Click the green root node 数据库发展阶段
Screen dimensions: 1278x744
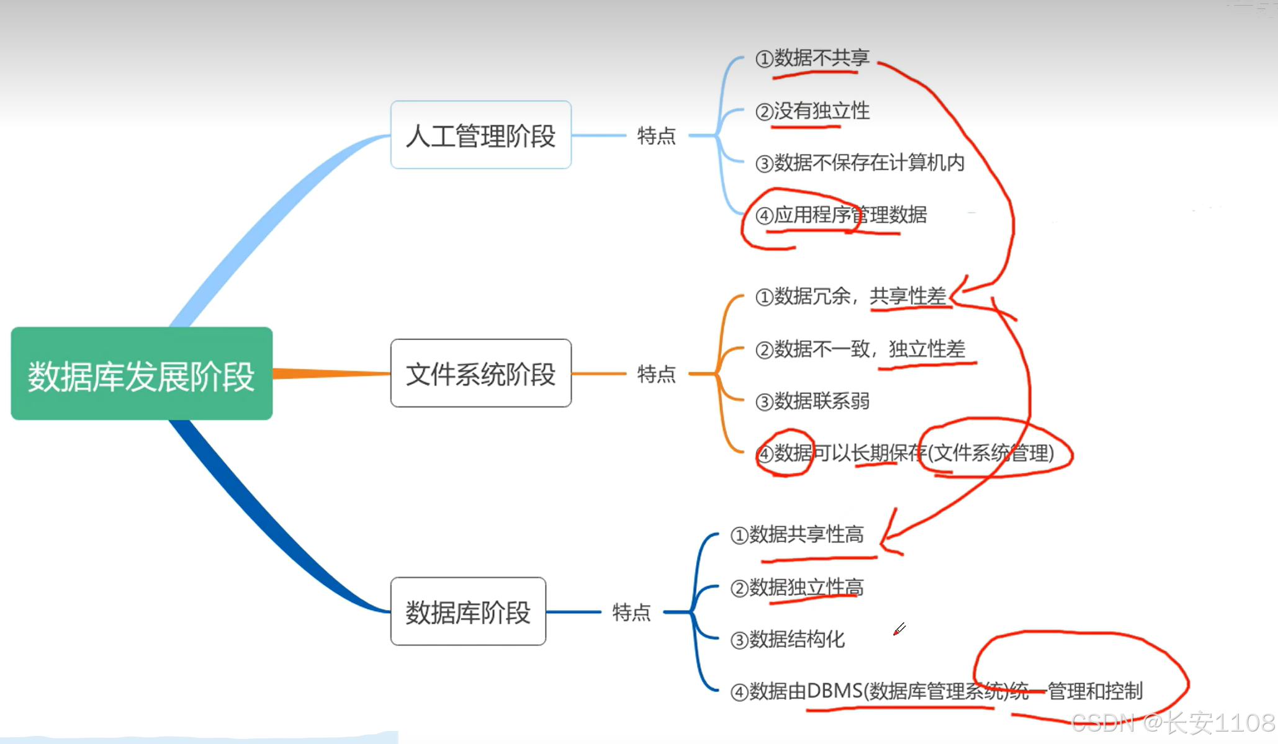142,374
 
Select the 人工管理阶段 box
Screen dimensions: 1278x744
480,135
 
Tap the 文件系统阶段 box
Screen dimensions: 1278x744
480,374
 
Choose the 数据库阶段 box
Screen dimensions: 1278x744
468,612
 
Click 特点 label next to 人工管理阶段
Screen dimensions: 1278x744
656,135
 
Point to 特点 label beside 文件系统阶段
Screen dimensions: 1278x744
656,374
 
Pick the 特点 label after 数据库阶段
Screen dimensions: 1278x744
631,612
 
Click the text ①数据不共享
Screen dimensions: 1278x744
812,58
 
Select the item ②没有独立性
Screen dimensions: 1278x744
812,111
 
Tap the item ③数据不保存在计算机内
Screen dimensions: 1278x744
860,163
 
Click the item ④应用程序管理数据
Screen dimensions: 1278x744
841,215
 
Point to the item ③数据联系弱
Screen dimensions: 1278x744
812,401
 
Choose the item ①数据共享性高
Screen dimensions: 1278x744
797,534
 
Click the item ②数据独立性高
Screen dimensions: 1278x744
797,587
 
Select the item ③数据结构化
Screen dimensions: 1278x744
787,639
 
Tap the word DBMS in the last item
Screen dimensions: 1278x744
834,691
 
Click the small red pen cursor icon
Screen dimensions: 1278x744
899,629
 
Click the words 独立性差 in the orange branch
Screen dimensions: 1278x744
927,349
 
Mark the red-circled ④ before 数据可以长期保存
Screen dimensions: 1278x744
765,454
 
